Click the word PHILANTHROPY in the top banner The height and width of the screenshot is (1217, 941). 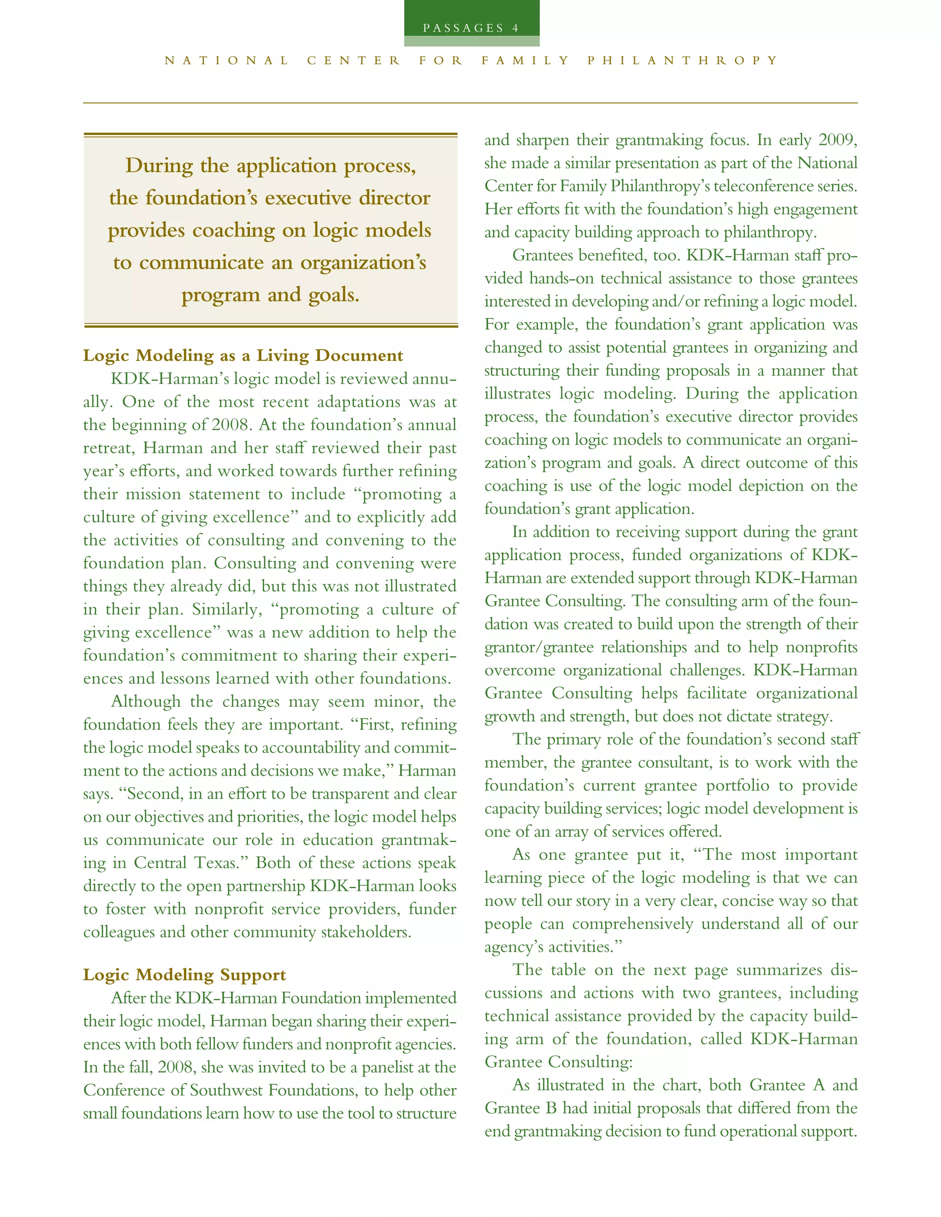pyautogui.click(x=682, y=60)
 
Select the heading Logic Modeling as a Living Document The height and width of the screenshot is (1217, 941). pyautogui.click(x=243, y=355)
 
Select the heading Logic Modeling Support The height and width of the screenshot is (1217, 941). pyautogui.click(x=185, y=975)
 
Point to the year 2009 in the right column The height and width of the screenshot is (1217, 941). pyautogui.click(x=838, y=140)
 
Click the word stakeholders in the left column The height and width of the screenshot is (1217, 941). pyautogui.click(x=366, y=932)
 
